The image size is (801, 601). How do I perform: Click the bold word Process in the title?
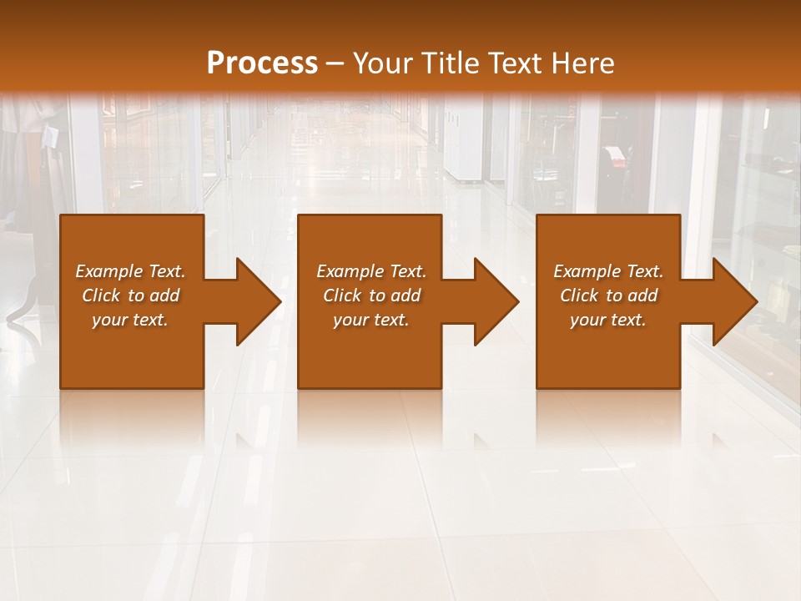[x=262, y=63]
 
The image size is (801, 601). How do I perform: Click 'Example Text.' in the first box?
[x=130, y=271]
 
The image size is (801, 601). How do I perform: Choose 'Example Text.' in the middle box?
[x=371, y=271]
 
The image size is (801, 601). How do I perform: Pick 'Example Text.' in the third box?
[x=608, y=271]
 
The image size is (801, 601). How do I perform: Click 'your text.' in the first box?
[x=130, y=320]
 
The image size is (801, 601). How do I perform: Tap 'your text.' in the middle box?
[x=371, y=320]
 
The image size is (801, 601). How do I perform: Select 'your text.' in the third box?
[x=608, y=320]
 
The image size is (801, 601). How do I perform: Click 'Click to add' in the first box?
[x=130, y=295]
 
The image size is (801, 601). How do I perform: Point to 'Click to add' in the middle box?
[x=371, y=295]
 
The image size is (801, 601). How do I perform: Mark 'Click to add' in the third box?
[x=608, y=295]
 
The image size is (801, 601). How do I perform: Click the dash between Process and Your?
[x=335, y=64]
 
